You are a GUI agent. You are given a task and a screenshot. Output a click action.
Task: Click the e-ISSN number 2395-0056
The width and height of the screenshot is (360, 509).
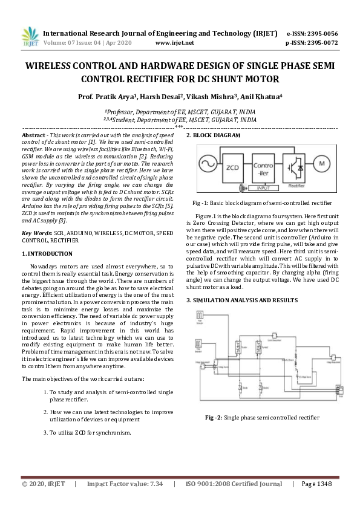(320, 33)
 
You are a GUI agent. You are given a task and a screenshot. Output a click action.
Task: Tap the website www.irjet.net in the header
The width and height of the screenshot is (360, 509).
(174, 44)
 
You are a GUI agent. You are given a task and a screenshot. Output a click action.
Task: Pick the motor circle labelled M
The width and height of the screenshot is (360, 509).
(322, 164)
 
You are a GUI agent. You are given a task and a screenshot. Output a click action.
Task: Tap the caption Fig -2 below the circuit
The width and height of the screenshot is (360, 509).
(262, 417)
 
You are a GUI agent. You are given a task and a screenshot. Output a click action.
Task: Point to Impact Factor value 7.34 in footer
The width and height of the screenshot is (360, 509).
(125, 485)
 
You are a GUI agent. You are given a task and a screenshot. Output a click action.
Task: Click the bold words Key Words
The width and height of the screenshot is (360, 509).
(36, 233)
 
